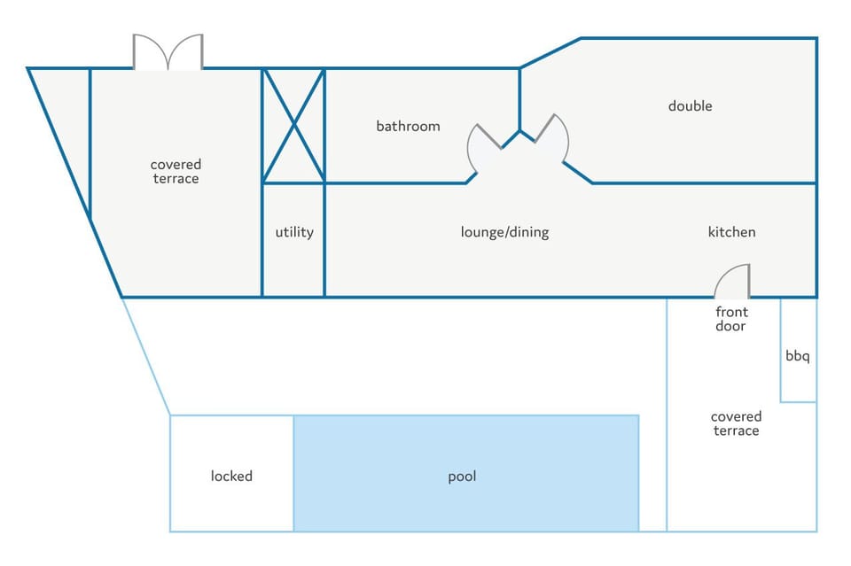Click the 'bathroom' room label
tap(408, 127)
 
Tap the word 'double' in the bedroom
tap(690, 105)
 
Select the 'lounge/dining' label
tap(504, 233)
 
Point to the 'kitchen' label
tap(731, 232)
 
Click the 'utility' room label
tap(294, 233)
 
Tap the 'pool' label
tap(462, 477)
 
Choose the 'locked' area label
tap(231, 476)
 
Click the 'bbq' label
tap(797, 356)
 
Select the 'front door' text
tap(731, 319)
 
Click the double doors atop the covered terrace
tap(168, 52)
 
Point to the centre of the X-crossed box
tap(293, 126)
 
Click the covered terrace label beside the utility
tap(176, 171)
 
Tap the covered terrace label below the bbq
tap(736, 423)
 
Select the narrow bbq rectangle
tap(799, 350)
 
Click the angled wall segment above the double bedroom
tap(550, 53)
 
